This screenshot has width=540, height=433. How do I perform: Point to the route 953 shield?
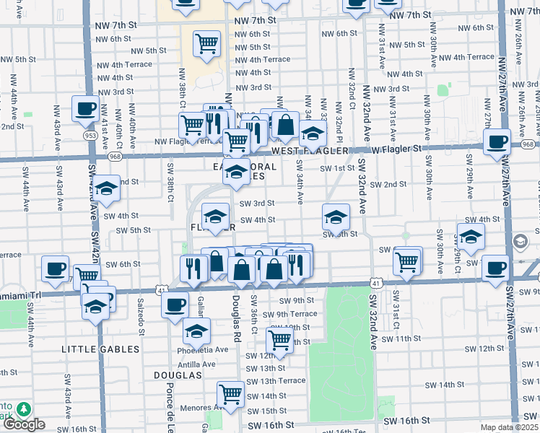click(x=90, y=135)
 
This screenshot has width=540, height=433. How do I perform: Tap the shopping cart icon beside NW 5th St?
click(x=206, y=43)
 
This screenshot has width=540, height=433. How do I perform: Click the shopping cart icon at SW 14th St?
click(x=230, y=395)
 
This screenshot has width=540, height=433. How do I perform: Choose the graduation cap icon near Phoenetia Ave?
click(x=196, y=332)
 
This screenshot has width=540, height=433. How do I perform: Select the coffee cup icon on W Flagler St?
click(x=496, y=141)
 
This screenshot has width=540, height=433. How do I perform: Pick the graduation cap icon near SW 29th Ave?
click(x=471, y=237)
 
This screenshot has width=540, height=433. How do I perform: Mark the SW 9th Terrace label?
click(x=289, y=314)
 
